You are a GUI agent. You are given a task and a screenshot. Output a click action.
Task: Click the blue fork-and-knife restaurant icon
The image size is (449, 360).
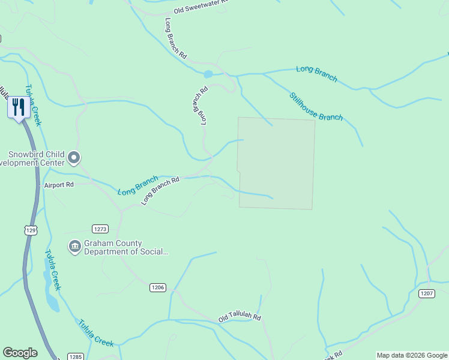coord(18,108)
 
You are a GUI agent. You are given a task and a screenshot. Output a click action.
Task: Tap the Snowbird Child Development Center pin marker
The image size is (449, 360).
coord(74,158)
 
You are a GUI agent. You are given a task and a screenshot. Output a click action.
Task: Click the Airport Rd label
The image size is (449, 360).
coord(58,185)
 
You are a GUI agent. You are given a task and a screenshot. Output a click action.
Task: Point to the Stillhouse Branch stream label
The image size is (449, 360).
coord(316,106)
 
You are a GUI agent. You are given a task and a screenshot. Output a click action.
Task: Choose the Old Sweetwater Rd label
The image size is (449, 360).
coord(201,7)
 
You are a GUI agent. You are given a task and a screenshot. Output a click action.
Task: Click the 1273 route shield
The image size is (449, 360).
coord(100,229)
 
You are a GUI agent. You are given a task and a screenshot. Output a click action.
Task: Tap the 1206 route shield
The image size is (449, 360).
coord(157,288)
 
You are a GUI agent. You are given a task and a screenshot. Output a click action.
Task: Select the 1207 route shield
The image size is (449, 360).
coord(426,293)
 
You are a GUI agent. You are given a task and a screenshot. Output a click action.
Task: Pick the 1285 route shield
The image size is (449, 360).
coord(75,356)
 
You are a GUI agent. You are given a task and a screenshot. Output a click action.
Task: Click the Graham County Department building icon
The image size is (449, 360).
coord(74,247)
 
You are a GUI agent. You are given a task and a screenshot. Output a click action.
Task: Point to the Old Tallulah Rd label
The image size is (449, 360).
coord(240,316)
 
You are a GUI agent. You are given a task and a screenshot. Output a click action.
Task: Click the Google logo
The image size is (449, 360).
coord(20,353)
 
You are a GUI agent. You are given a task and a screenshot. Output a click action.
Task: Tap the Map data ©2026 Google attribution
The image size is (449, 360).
coord(412,355)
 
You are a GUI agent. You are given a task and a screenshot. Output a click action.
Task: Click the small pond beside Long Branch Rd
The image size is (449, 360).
coord(208,74)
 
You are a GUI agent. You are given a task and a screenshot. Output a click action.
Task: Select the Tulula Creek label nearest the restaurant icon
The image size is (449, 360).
coord(33,104)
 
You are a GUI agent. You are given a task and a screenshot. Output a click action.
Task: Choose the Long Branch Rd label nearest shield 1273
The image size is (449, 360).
coord(160,191)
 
